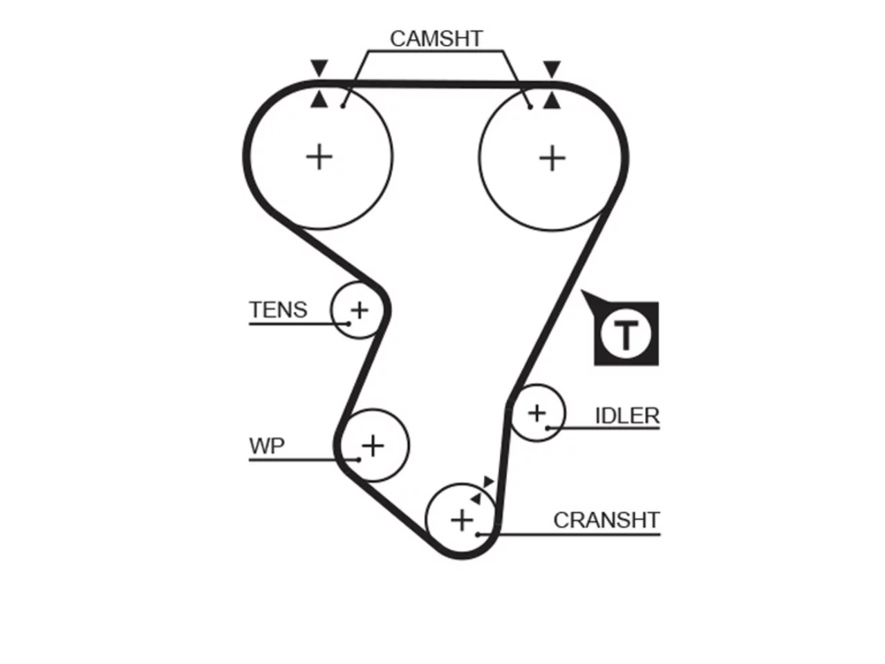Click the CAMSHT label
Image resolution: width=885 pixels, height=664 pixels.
(x=436, y=39)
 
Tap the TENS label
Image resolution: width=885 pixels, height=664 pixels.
(x=278, y=310)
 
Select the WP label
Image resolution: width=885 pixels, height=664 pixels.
(x=267, y=446)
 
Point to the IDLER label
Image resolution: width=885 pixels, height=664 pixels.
(x=627, y=416)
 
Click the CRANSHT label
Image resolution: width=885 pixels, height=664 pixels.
(x=606, y=520)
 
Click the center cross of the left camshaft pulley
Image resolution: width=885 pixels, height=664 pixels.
(x=319, y=157)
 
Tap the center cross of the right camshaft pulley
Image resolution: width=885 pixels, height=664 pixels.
(x=552, y=158)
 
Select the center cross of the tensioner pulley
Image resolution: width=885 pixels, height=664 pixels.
(x=360, y=311)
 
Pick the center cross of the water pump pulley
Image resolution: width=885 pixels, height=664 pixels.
(x=373, y=446)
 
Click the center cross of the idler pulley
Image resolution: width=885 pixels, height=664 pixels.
(x=537, y=413)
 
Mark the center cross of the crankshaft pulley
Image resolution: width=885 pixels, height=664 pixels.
(x=462, y=520)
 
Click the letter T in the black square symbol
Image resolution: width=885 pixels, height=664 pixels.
(x=625, y=335)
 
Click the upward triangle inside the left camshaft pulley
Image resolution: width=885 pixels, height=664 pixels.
(x=319, y=99)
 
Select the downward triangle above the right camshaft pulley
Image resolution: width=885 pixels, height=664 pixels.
(x=552, y=69)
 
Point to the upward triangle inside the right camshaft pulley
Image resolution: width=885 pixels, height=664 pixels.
(x=552, y=100)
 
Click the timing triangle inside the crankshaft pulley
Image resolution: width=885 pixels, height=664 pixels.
(x=476, y=499)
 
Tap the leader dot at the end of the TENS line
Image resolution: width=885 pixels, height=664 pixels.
(x=348, y=323)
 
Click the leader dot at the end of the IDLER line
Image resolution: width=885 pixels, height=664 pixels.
(x=548, y=427)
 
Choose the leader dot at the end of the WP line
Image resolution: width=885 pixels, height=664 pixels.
(x=358, y=459)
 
